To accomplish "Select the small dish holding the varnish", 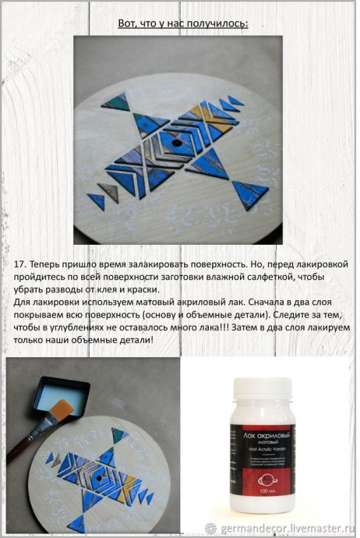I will tap(64, 393).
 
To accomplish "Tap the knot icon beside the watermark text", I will tap(210, 527).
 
